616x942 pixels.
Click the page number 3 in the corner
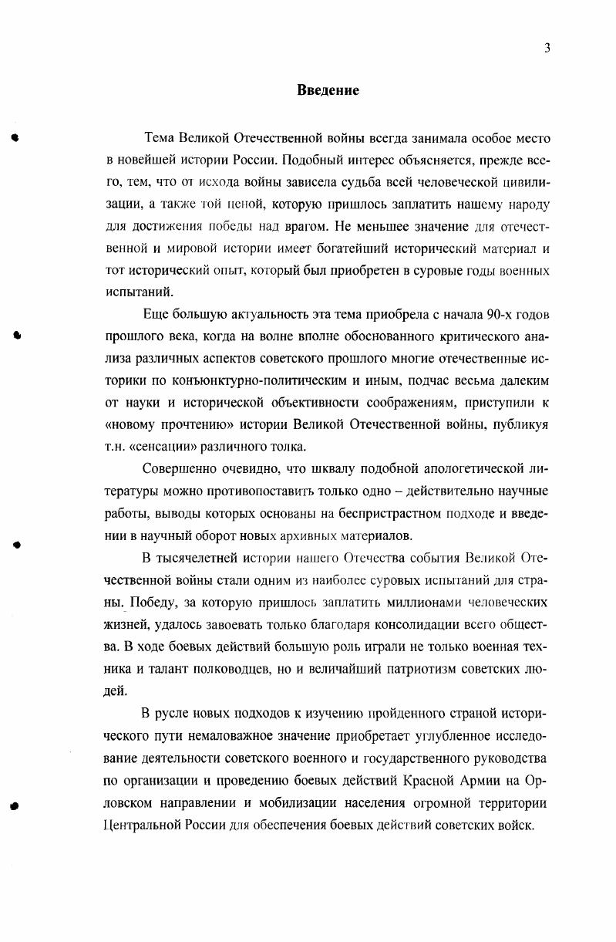[x=547, y=48]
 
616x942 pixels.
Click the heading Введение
[x=328, y=90]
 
